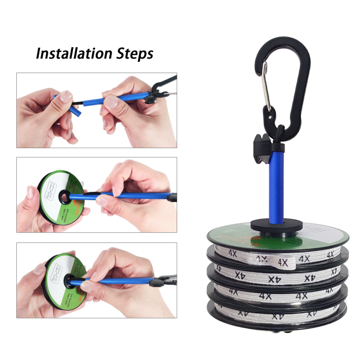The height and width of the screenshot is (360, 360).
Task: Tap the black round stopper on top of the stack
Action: [277, 223]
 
